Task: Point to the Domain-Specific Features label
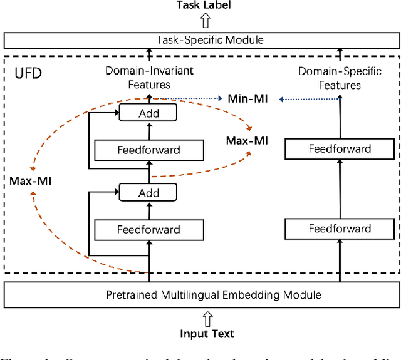338,78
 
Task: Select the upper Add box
148,113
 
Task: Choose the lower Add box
148,193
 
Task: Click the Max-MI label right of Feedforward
247,140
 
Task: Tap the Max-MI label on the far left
31,181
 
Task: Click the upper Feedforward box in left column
148,150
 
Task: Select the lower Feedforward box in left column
148,229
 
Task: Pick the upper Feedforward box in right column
340,149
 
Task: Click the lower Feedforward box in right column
340,229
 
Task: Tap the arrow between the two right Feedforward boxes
340,188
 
